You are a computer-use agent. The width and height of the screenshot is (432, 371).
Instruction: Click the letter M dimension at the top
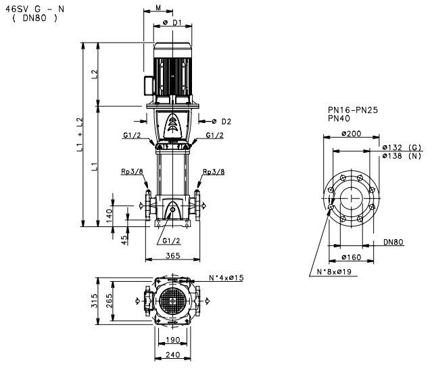click(157, 8)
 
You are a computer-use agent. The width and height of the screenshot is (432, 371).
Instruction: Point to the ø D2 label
click(222, 122)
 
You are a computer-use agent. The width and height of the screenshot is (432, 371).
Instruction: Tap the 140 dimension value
click(109, 216)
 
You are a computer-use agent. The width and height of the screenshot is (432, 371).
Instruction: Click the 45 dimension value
click(124, 240)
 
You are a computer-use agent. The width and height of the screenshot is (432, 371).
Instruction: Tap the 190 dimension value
click(173, 340)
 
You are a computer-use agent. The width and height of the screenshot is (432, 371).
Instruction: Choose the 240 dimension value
click(173, 355)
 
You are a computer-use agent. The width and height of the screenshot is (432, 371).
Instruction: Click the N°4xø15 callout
click(226, 278)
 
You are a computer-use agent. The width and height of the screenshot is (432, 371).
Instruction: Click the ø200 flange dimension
click(351, 133)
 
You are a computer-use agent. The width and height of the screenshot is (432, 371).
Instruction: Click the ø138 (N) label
click(402, 155)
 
